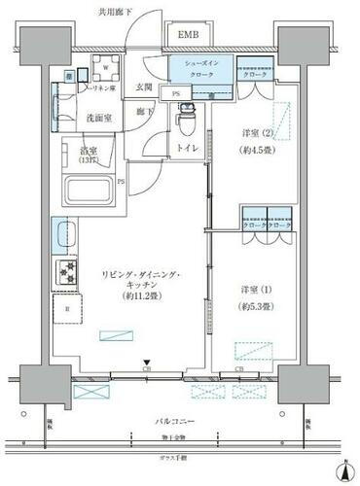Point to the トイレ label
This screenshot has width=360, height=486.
186,149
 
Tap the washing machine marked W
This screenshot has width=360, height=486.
105,68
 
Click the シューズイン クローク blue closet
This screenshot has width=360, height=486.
199,71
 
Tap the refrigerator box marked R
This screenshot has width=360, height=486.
66,311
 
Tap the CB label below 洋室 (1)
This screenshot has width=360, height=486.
238,370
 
